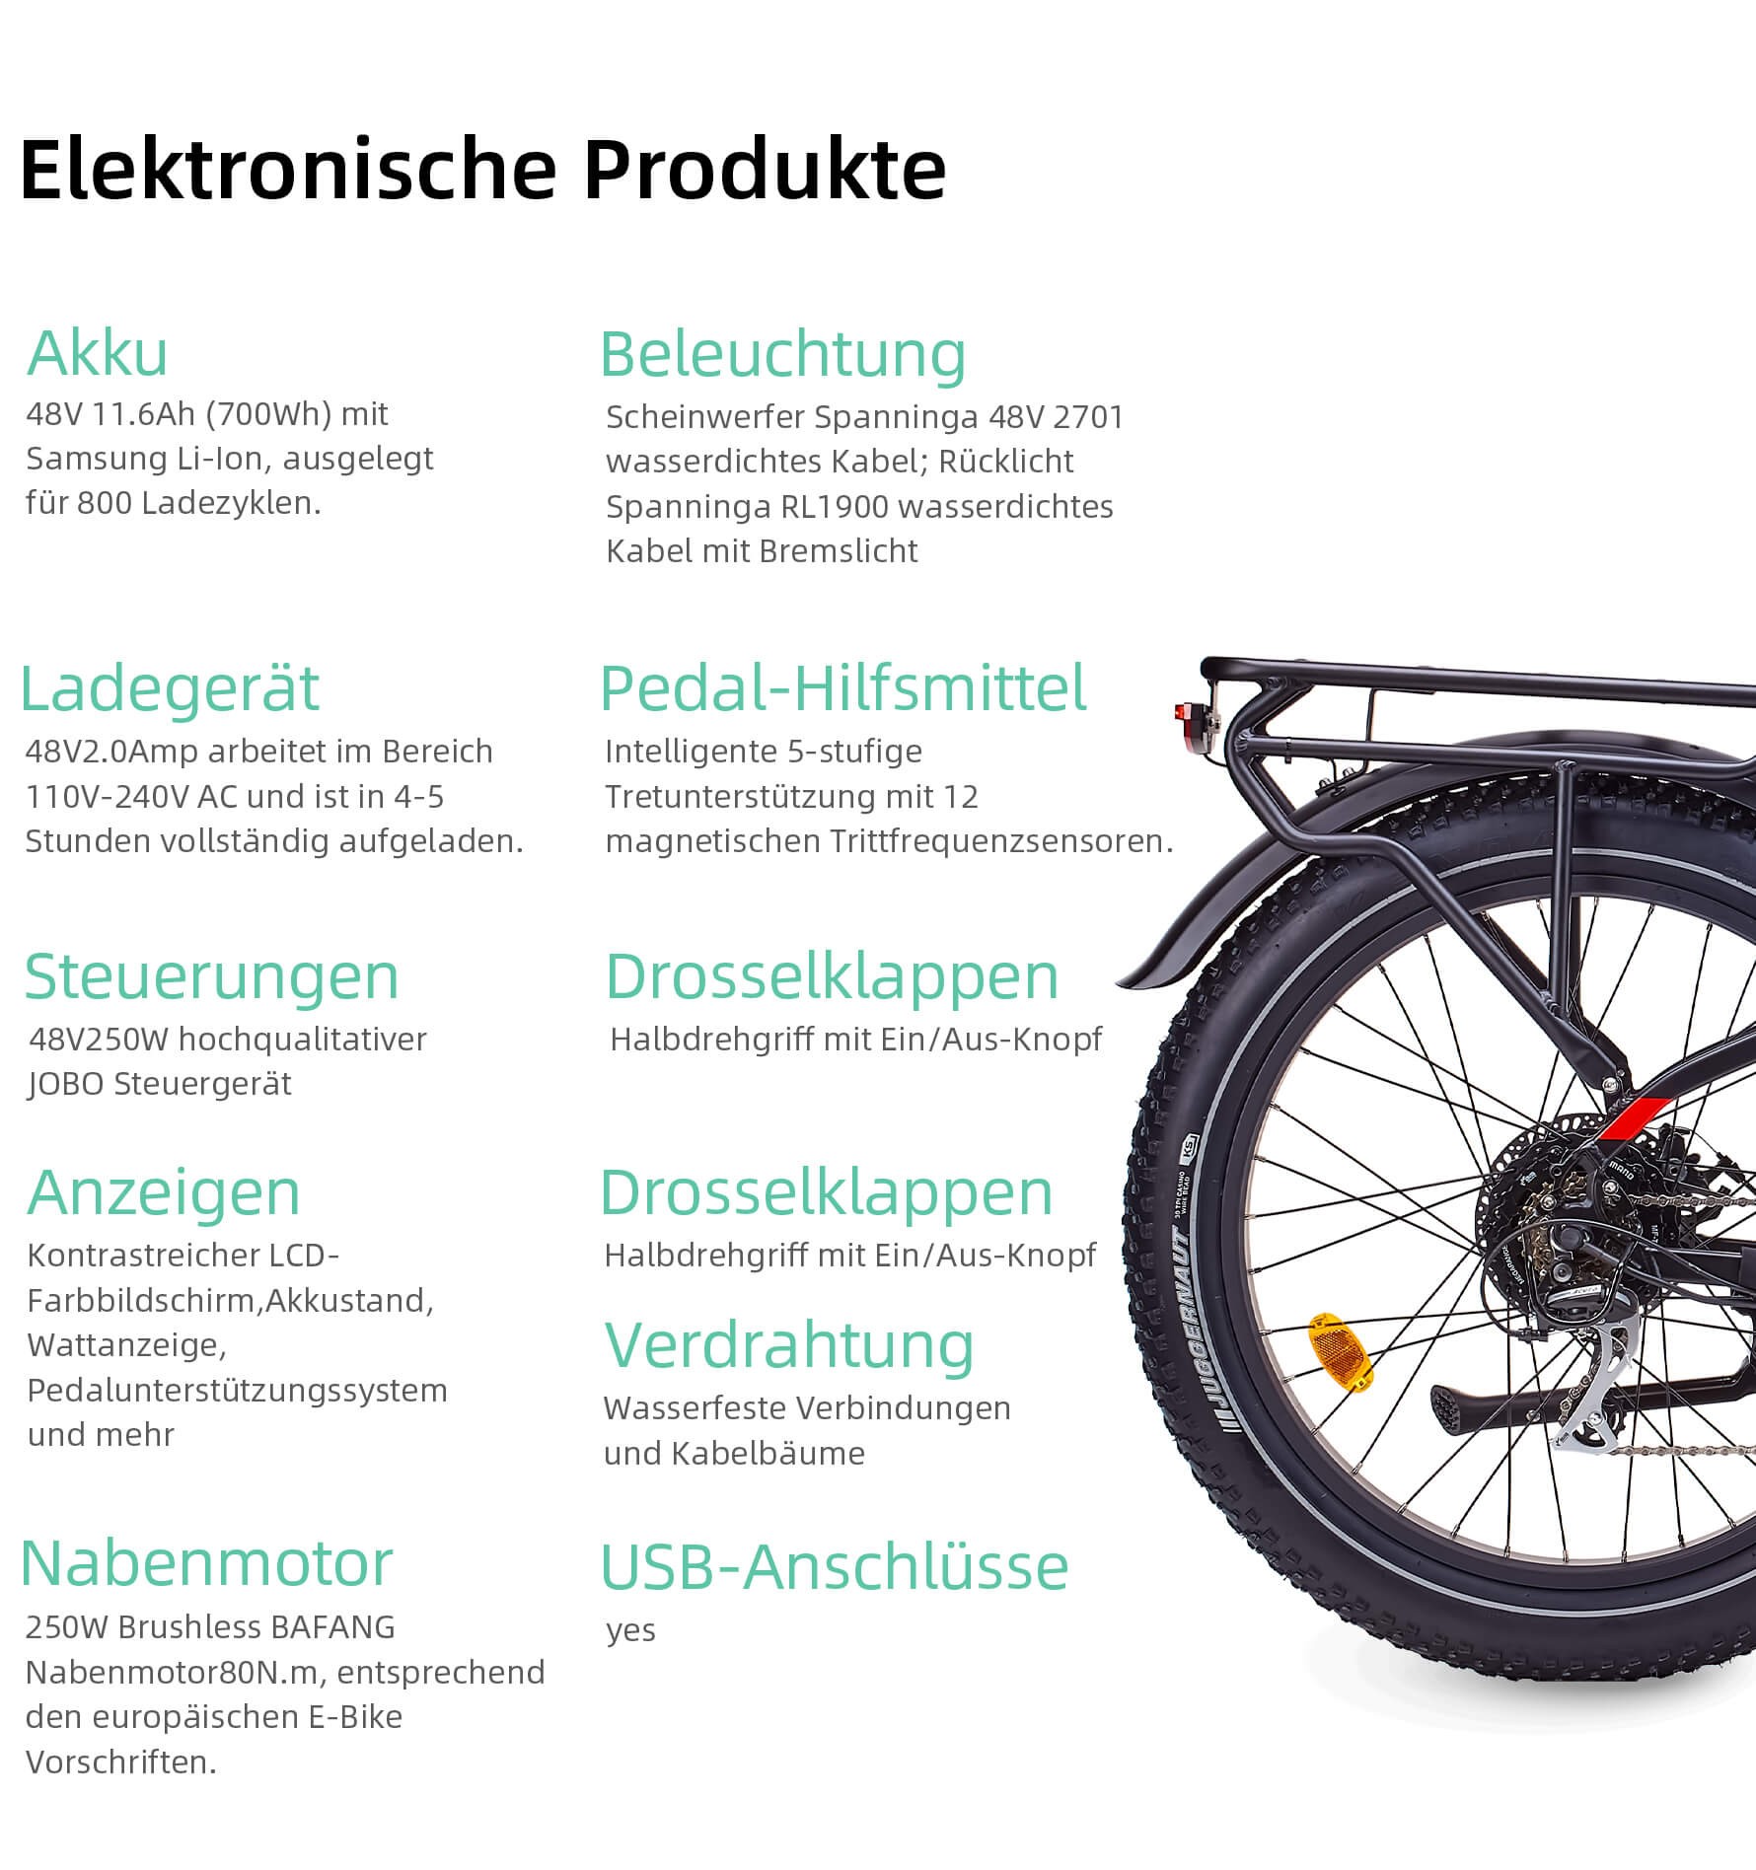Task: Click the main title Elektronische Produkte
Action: [x=482, y=171]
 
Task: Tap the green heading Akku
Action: [x=98, y=353]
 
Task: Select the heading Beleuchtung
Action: [x=783, y=355]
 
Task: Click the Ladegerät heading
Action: [x=170, y=687]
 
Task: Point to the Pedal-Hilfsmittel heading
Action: [x=843, y=687]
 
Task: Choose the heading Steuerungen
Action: [x=211, y=977]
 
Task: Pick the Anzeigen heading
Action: [x=164, y=1193]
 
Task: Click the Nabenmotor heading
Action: [x=207, y=1563]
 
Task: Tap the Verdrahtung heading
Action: [x=789, y=1345]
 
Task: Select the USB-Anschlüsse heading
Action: [x=835, y=1567]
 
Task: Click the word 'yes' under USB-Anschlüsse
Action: [x=630, y=1630]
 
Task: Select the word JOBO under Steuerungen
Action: [x=67, y=1084]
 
